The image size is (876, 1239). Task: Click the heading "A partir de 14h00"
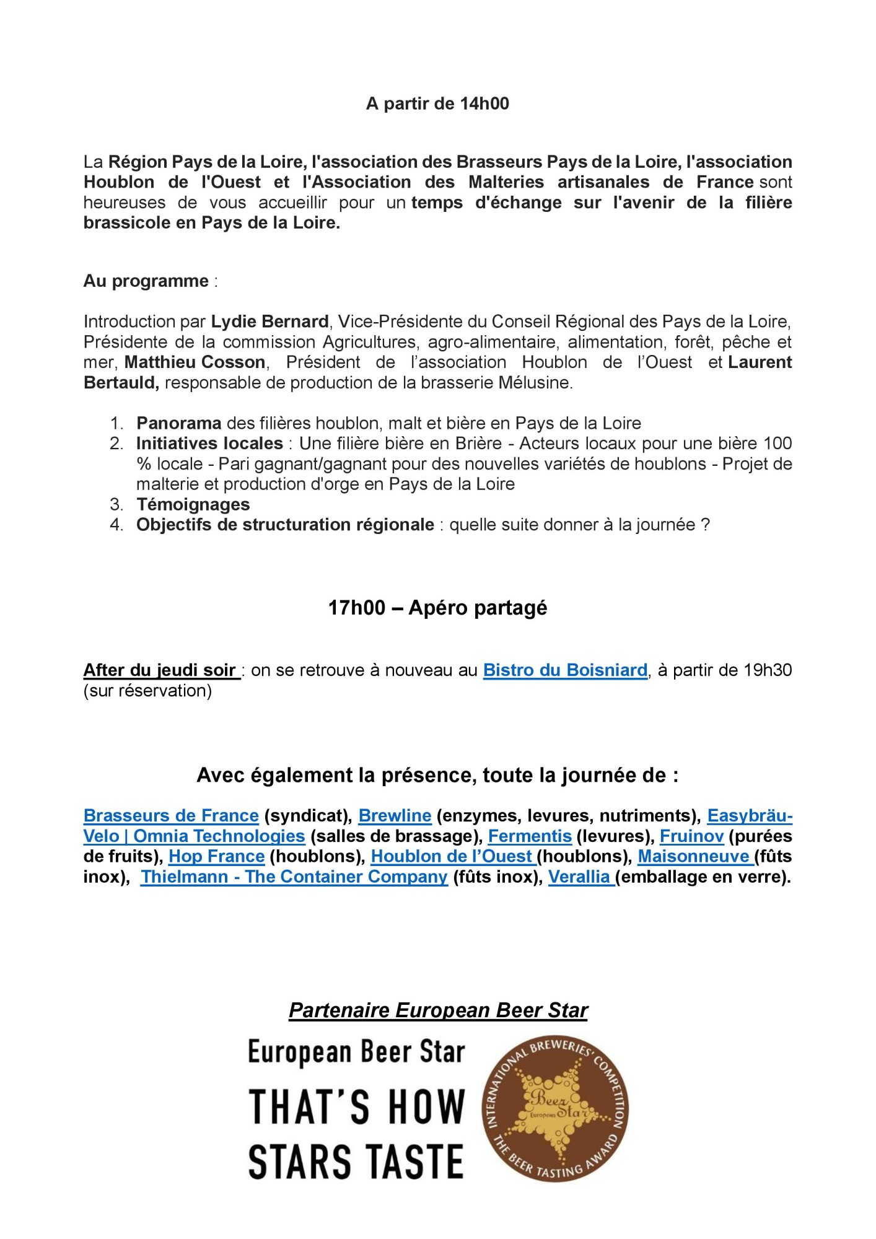(437, 103)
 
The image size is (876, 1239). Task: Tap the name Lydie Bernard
(269, 322)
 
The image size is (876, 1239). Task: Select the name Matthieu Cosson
(195, 362)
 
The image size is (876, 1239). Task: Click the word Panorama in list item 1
(178, 423)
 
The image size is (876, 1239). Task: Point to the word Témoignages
(193, 504)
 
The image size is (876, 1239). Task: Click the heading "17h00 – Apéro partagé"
(437, 608)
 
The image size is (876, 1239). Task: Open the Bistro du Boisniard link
(565, 670)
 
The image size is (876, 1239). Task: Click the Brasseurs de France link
(171, 815)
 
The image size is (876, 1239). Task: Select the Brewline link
(395, 815)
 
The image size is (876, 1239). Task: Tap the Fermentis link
(530, 836)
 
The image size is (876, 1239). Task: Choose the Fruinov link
(691, 836)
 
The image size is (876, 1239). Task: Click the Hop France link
(216, 856)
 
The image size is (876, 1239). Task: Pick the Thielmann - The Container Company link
(294, 877)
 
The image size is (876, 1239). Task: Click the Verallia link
(581, 877)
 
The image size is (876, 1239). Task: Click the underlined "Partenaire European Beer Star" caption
(437, 1010)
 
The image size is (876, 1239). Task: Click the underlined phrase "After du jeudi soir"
(161, 670)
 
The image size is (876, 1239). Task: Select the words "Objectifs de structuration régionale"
(285, 525)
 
